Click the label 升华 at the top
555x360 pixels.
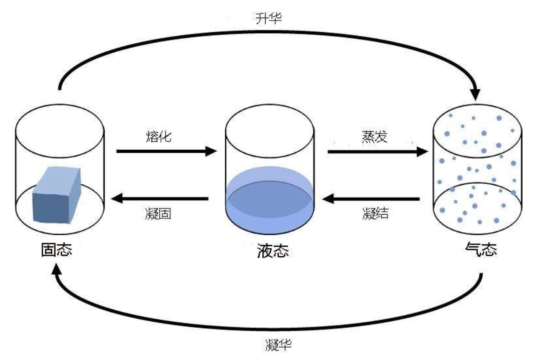click(x=268, y=19)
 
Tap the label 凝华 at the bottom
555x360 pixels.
click(x=278, y=344)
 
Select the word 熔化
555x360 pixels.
click(x=158, y=136)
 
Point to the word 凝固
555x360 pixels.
click(x=158, y=213)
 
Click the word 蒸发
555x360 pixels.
click(x=375, y=136)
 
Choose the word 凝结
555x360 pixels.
click(x=375, y=213)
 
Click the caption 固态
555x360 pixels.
click(x=56, y=250)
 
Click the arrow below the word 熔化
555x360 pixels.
click(x=165, y=152)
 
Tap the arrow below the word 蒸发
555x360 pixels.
click(x=377, y=152)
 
